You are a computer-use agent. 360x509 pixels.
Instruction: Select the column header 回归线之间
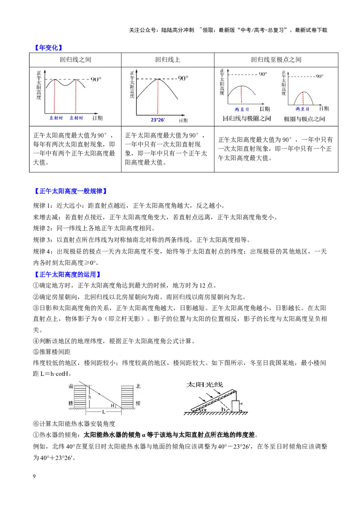(x=76, y=60)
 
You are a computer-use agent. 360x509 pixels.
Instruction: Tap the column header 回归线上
(x=168, y=60)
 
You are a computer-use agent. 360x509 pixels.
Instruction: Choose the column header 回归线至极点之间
(x=276, y=60)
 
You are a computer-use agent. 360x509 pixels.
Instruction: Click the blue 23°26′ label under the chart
(x=158, y=120)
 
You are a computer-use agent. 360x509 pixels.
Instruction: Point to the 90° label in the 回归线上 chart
(x=183, y=78)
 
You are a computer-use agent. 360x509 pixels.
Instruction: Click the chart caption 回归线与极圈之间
(x=247, y=119)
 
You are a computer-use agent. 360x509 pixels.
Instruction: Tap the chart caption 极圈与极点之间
(x=305, y=119)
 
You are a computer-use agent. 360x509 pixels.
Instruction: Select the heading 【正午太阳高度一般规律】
(x=71, y=191)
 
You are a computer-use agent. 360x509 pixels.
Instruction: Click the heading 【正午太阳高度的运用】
(x=67, y=274)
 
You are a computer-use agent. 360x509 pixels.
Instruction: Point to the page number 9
(x=35, y=476)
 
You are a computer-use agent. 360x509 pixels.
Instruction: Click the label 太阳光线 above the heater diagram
(x=204, y=384)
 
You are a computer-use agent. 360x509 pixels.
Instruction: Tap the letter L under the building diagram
(x=103, y=412)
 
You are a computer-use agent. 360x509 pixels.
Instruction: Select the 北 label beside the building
(x=138, y=386)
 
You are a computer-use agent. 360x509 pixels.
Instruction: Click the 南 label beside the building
(x=71, y=386)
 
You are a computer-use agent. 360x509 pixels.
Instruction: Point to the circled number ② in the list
(x=36, y=297)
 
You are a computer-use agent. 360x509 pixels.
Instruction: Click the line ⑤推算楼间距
(x=52, y=352)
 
